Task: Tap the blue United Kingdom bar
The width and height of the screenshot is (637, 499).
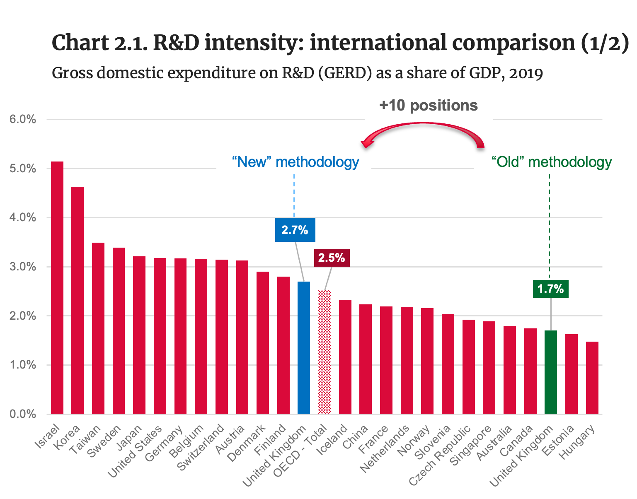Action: [x=304, y=348]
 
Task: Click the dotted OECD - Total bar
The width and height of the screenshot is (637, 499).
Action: [x=325, y=352]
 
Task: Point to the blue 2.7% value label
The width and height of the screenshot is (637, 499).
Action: [x=295, y=230]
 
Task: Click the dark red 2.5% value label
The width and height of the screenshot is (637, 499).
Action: [x=332, y=258]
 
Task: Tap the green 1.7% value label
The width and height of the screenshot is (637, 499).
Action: [x=550, y=289]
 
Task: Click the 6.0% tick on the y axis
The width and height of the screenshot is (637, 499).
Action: [x=22, y=120]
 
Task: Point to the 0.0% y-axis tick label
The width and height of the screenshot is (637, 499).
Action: [x=22, y=414]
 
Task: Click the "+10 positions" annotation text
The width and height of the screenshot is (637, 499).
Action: [x=429, y=105]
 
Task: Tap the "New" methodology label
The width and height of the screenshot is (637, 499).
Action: [x=295, y=162]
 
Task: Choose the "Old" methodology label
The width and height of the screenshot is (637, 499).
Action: [x=551, y=162]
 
